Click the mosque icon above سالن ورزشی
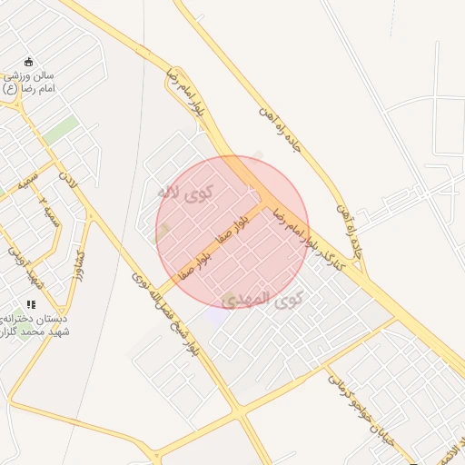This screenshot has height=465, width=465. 29,62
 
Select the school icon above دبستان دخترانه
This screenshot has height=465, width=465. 30,305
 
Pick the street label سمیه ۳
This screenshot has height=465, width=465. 51,216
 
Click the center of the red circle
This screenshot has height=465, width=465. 232,232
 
